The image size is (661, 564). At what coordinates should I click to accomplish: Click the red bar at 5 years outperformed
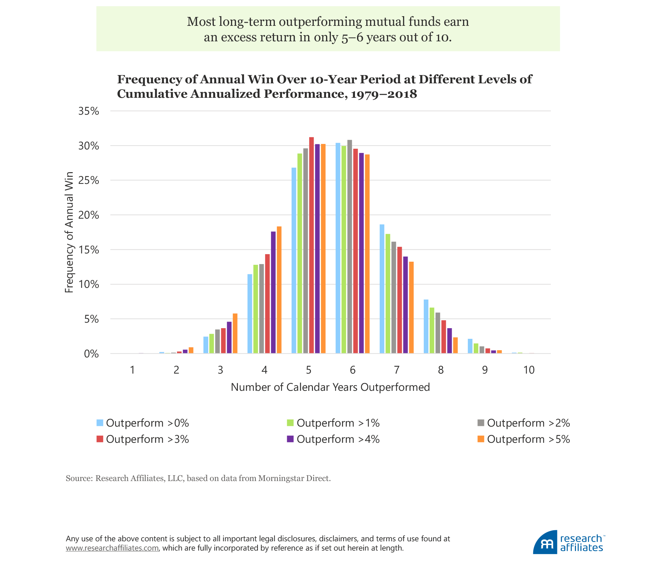pos(311,245)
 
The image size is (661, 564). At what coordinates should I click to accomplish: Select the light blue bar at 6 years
pos(338,248)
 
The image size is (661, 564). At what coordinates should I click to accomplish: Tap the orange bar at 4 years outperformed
pos(279,290)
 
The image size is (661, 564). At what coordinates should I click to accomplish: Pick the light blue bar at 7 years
pos(382,289)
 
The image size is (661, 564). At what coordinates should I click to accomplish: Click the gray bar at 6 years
pos(349,247)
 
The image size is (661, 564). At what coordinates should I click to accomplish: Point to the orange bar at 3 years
pos(235,333)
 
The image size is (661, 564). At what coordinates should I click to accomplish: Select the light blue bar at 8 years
pos(426,326)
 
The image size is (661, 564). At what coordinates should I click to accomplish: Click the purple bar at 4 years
pos(273,292)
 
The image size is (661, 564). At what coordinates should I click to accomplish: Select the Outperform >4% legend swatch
pos(290,439)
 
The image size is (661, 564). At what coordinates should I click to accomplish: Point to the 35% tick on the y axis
pos(89,111)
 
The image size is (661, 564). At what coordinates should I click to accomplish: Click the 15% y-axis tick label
pos(89,250)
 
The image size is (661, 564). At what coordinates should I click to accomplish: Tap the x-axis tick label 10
pos(529,370)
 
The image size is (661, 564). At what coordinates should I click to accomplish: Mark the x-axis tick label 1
pos(132,370)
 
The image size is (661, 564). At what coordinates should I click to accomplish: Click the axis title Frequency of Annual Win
pos(69,232)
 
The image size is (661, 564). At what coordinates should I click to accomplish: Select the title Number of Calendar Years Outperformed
pos(330,387)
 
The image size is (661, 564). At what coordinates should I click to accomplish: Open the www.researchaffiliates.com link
pos(112,548)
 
